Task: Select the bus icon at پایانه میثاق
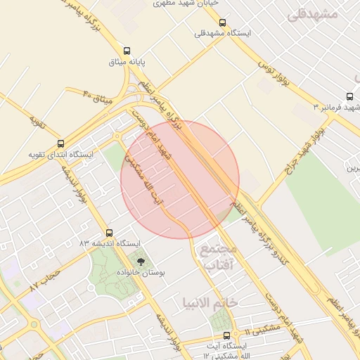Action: pyautogui.click(x=127, y=51)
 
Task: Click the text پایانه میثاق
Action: pyautogui.click(x=127, y=63)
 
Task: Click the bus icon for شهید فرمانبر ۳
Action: pyautogui.click(x=349, y=97)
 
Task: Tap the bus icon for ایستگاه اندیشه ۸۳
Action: pyautogui.click(x=109, y=233)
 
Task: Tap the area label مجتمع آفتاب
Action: pyautogui.click(x=221, y=257)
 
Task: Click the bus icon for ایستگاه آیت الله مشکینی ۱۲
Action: pyautogui.click(x=226, y=335)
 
